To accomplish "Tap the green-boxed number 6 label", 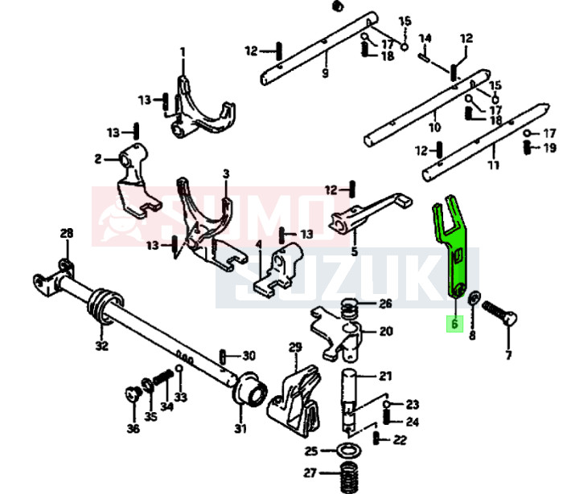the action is pyautogui.click(x=455, y=324).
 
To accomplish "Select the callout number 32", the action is pyautogui.click(x=102, y=345).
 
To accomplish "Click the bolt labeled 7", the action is pyautogui.click(x=499, y=312).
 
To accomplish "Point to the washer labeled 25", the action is pyautogui.click(x=350, y=451).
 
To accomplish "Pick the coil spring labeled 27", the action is pyautogui.click(x=349, y=476).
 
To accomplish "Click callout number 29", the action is pyautogui.click(x=295, y=347).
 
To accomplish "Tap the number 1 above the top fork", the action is pyautogui.click(x=183, y=53).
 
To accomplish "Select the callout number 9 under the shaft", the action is pyautogui.click(x=325, y=72).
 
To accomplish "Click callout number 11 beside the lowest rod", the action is pyautogui.click(x=494, y=165).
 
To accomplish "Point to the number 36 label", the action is pyautogui.click(x=134, y=428).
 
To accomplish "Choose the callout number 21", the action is pyautogui.click(x=385, y=376).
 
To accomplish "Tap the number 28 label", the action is pyautogui.click(x=66, y=233).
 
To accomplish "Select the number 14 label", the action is pyautogui.click(x=425, y=39).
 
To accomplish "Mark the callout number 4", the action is pyautogui.click(x=258, y=244).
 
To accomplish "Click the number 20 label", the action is pyautogui.click(x=386, y=332).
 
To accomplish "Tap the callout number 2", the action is pyautogui.click(x=98, y=159).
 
